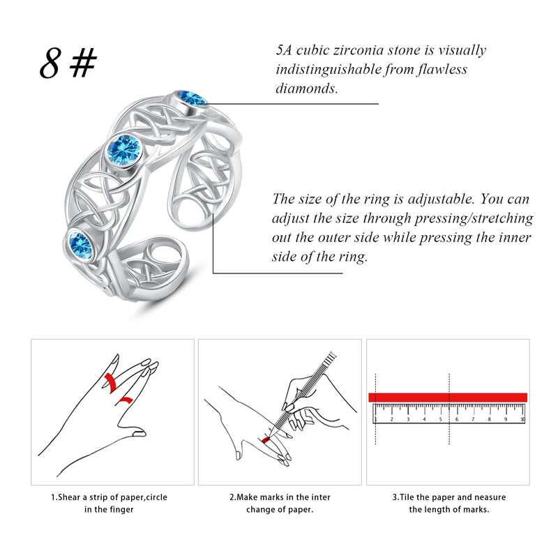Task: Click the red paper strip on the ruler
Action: [x=447, y=397]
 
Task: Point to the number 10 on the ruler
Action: [x=522, y=419]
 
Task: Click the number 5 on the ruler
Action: [x=441, y=419]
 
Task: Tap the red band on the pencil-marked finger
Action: [x=266, y=439]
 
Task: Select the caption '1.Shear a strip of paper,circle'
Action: [x=109, y=497]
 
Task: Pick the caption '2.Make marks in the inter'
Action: [x=280, y=497]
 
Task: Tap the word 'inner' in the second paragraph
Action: [x=515, y=238]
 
